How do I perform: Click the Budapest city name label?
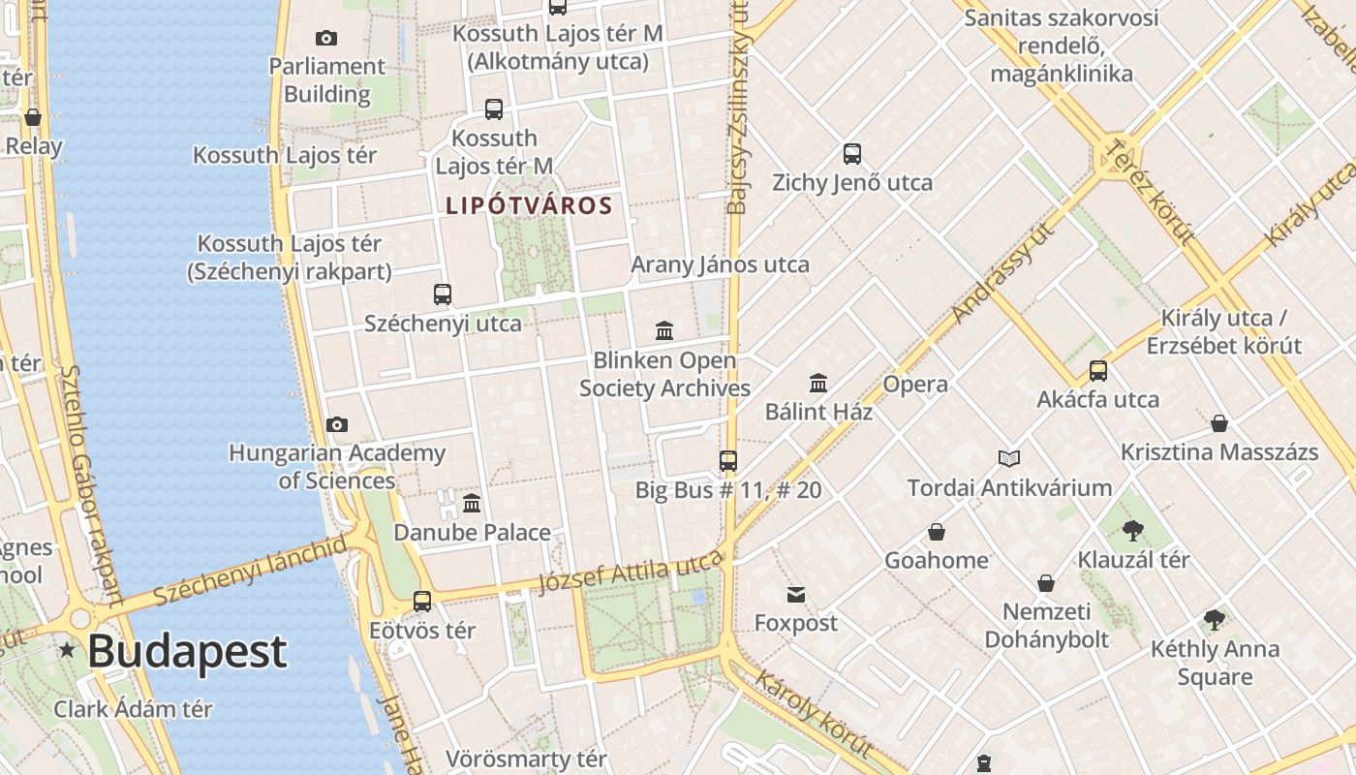(x=187, y=652)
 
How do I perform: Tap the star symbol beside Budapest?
(x=67, y=650)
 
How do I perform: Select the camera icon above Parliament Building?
(x=326, y=38)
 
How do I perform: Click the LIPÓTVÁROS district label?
(x=529, y=205)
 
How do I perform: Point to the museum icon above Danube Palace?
(x=472, y=503)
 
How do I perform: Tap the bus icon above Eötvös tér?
(x=422, y=601)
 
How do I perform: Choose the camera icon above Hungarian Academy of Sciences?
(x=337, y=424)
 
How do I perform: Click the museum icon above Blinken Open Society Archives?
(x=664, y=331)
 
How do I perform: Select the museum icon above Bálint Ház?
(x=818, y=383)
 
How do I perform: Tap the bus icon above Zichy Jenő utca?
(x=852, y=153)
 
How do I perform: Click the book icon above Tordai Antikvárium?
(x=1009, y=458)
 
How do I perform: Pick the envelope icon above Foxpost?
(x=796, y=594)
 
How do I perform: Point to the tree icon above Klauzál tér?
(x=1132, y=530)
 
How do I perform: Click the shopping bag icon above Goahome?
(x=937, y=532)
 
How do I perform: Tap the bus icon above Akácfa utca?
(x=1098, y=370)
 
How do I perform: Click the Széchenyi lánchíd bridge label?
(x=249, y=571)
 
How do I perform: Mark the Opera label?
(x=915, y=384)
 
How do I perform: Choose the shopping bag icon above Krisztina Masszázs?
(x=1219, y=423)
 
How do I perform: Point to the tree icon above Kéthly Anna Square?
(x=1215, y=620)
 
